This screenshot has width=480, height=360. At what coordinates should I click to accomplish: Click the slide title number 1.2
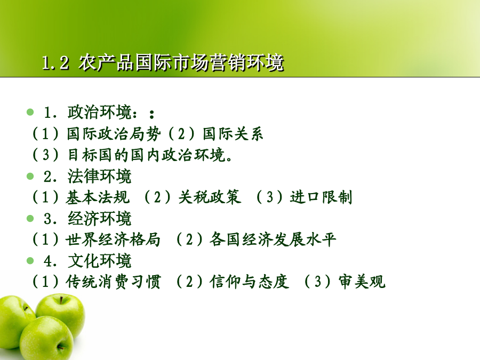tap(55, 63)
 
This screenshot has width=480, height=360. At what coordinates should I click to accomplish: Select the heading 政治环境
tap(100, 112)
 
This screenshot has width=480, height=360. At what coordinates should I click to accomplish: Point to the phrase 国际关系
tap(233, 134)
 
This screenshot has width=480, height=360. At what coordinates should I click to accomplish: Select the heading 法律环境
tap(100, 177)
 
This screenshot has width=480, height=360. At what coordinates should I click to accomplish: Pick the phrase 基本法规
tap(98, 197)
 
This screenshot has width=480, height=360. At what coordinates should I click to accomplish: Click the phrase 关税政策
tap(210, 197)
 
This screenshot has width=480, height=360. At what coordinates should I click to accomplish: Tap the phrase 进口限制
tap(321, 197)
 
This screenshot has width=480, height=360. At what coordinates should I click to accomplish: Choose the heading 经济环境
tap(100, 219)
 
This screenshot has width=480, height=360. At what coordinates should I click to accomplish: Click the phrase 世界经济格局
tap(113, 239)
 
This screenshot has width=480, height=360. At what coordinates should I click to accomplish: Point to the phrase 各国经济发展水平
tap(273, 239)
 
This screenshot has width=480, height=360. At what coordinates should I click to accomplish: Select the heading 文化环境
tap(100, 261)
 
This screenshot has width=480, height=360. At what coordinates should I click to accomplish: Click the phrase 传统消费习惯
tap(113, 281)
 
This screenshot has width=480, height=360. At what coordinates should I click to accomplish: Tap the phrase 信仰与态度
tap(249, 281)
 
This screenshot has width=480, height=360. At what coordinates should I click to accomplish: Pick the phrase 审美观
tap(362, 281)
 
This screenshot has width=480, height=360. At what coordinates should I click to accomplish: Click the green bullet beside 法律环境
tap(30, 177)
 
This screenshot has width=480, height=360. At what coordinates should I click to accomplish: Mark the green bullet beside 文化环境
tap(30, 261)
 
